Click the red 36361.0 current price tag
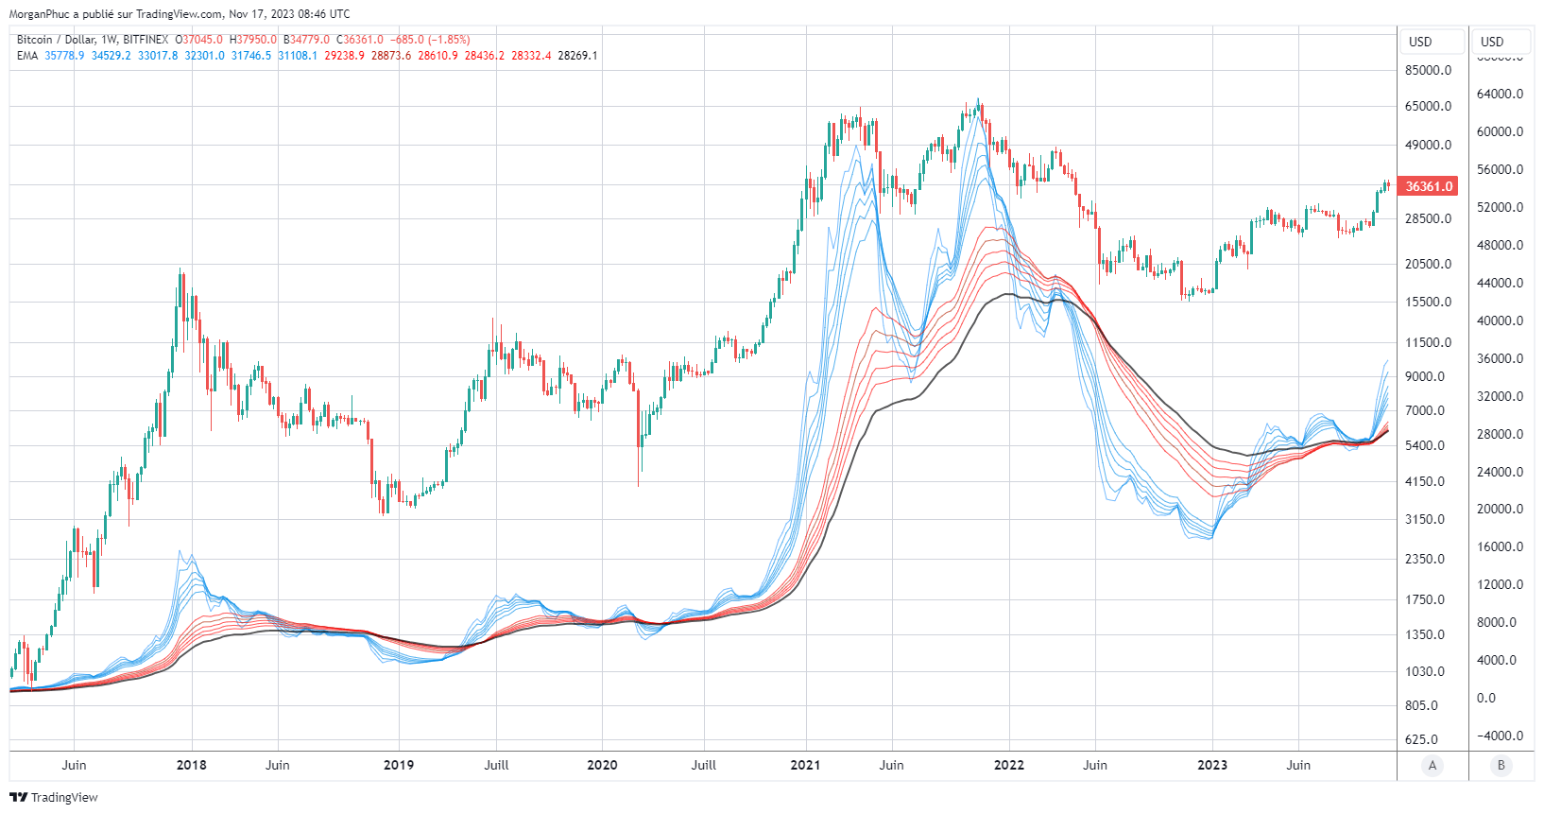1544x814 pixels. [x=1429, y=186]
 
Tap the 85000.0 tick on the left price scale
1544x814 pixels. [x=1428, y=70]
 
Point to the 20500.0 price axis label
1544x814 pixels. [x=1428, y=264]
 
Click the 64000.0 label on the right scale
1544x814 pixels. [x=1500, y=94]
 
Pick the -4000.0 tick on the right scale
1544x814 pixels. [x=1500, y=736]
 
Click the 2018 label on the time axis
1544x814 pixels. [x=192, y=765]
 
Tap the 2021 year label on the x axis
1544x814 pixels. [x=805, y=765]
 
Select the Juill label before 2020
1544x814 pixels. [x=496, y=765]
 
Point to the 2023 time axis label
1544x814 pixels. [x=1212, y=765]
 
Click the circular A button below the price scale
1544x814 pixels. [x=1432, y=766]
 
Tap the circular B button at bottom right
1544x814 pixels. [x=1501, y=766]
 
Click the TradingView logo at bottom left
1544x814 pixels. [x=54, y=797]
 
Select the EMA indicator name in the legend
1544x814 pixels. [x=27, y=56]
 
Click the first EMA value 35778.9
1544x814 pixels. [x=64, y=56]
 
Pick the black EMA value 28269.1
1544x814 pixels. [x=577, y=56]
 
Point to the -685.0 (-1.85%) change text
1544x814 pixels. [x=430, y=40]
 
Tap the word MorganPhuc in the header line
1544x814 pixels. [x=39, y=14]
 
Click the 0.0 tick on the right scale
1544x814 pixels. [x=1486, y=698]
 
